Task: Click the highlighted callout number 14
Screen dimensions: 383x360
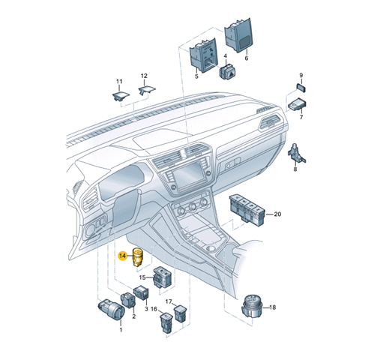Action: [x=123, y=256]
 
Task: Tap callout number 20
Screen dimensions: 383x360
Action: [x=277, y=214]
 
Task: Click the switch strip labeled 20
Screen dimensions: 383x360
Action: [x=247, y=211]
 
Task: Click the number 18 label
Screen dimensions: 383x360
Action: [x=272, y=307]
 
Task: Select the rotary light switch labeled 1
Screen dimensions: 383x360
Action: [x=109, y=310]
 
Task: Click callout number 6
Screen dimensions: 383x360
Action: [x=247, y=58]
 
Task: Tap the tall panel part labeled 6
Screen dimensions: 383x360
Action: [x=238, y=35]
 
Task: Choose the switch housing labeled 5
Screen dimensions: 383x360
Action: [x=203, y=55]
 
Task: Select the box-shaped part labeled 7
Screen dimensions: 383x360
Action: [x=298, y=104]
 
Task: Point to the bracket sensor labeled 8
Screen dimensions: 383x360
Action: [x=297, y=154]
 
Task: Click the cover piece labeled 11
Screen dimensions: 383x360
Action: [x=121, y=96]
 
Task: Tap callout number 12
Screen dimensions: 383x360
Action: [x=144, y=76]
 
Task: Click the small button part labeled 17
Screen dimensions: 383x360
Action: [x=179, y=313]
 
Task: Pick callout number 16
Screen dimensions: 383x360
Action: [x=154, y=309]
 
